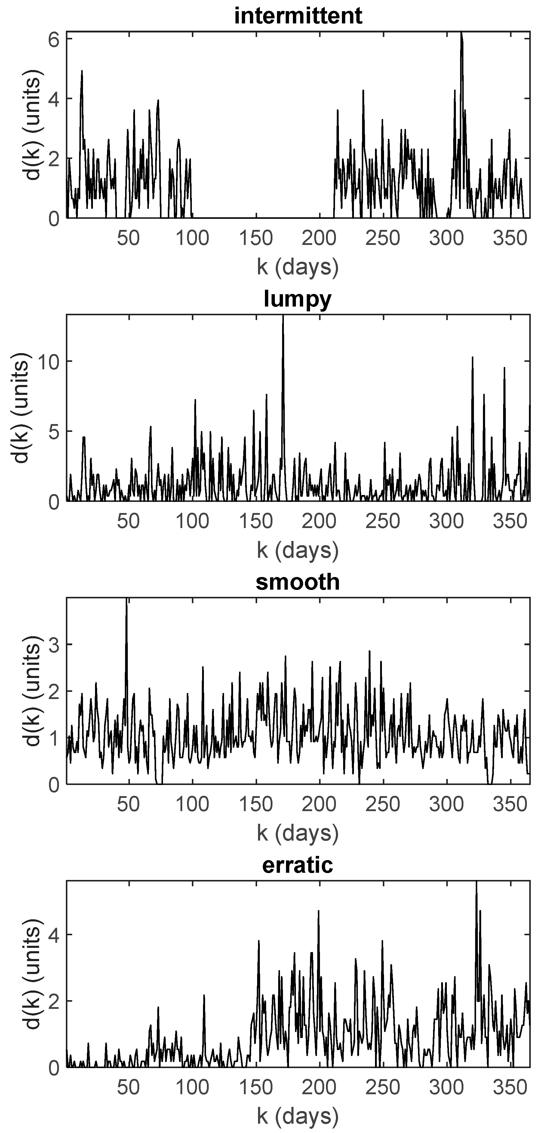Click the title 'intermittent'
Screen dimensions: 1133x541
298,16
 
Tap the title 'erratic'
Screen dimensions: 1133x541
298,865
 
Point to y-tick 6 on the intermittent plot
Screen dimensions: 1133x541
54,39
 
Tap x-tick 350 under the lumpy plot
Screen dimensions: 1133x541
510,522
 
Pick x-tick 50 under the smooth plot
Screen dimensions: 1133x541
128,805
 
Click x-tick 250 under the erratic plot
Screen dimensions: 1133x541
383,1088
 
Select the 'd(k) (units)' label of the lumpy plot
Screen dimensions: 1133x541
21,408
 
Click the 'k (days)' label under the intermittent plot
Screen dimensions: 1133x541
298,267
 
